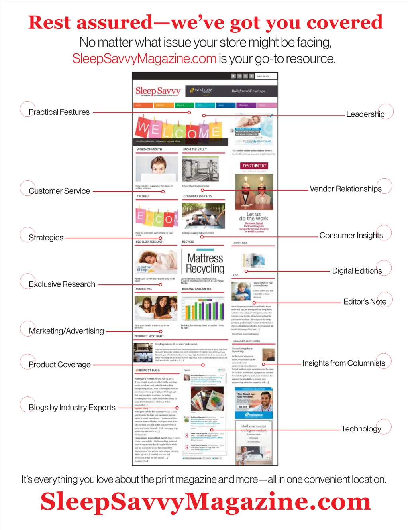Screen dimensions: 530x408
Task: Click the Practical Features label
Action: coord(59,112)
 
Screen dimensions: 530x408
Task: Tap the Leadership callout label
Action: coord(365,114)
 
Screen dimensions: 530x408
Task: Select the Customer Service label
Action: coord(59,191)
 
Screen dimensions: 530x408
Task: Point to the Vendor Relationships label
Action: coord(345,189)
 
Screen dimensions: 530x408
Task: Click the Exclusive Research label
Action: coord(62,284)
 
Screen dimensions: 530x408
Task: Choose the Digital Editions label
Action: coord(357,271)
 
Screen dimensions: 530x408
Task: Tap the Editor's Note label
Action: coord(365,302)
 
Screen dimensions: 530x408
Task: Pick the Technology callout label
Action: coord(361,429)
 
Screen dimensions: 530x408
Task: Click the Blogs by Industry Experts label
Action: coord(72,408)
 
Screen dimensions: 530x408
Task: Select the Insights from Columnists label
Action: coord(343,363)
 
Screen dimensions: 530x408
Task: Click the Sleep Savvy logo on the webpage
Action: coord(158,91)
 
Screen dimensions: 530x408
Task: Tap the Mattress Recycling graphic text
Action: coord(205,263)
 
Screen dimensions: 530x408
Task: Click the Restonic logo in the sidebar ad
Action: coord(254,166)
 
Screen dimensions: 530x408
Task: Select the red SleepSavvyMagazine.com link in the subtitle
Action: coord(144,59)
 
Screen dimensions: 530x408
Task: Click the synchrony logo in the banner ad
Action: coord(201,90)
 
